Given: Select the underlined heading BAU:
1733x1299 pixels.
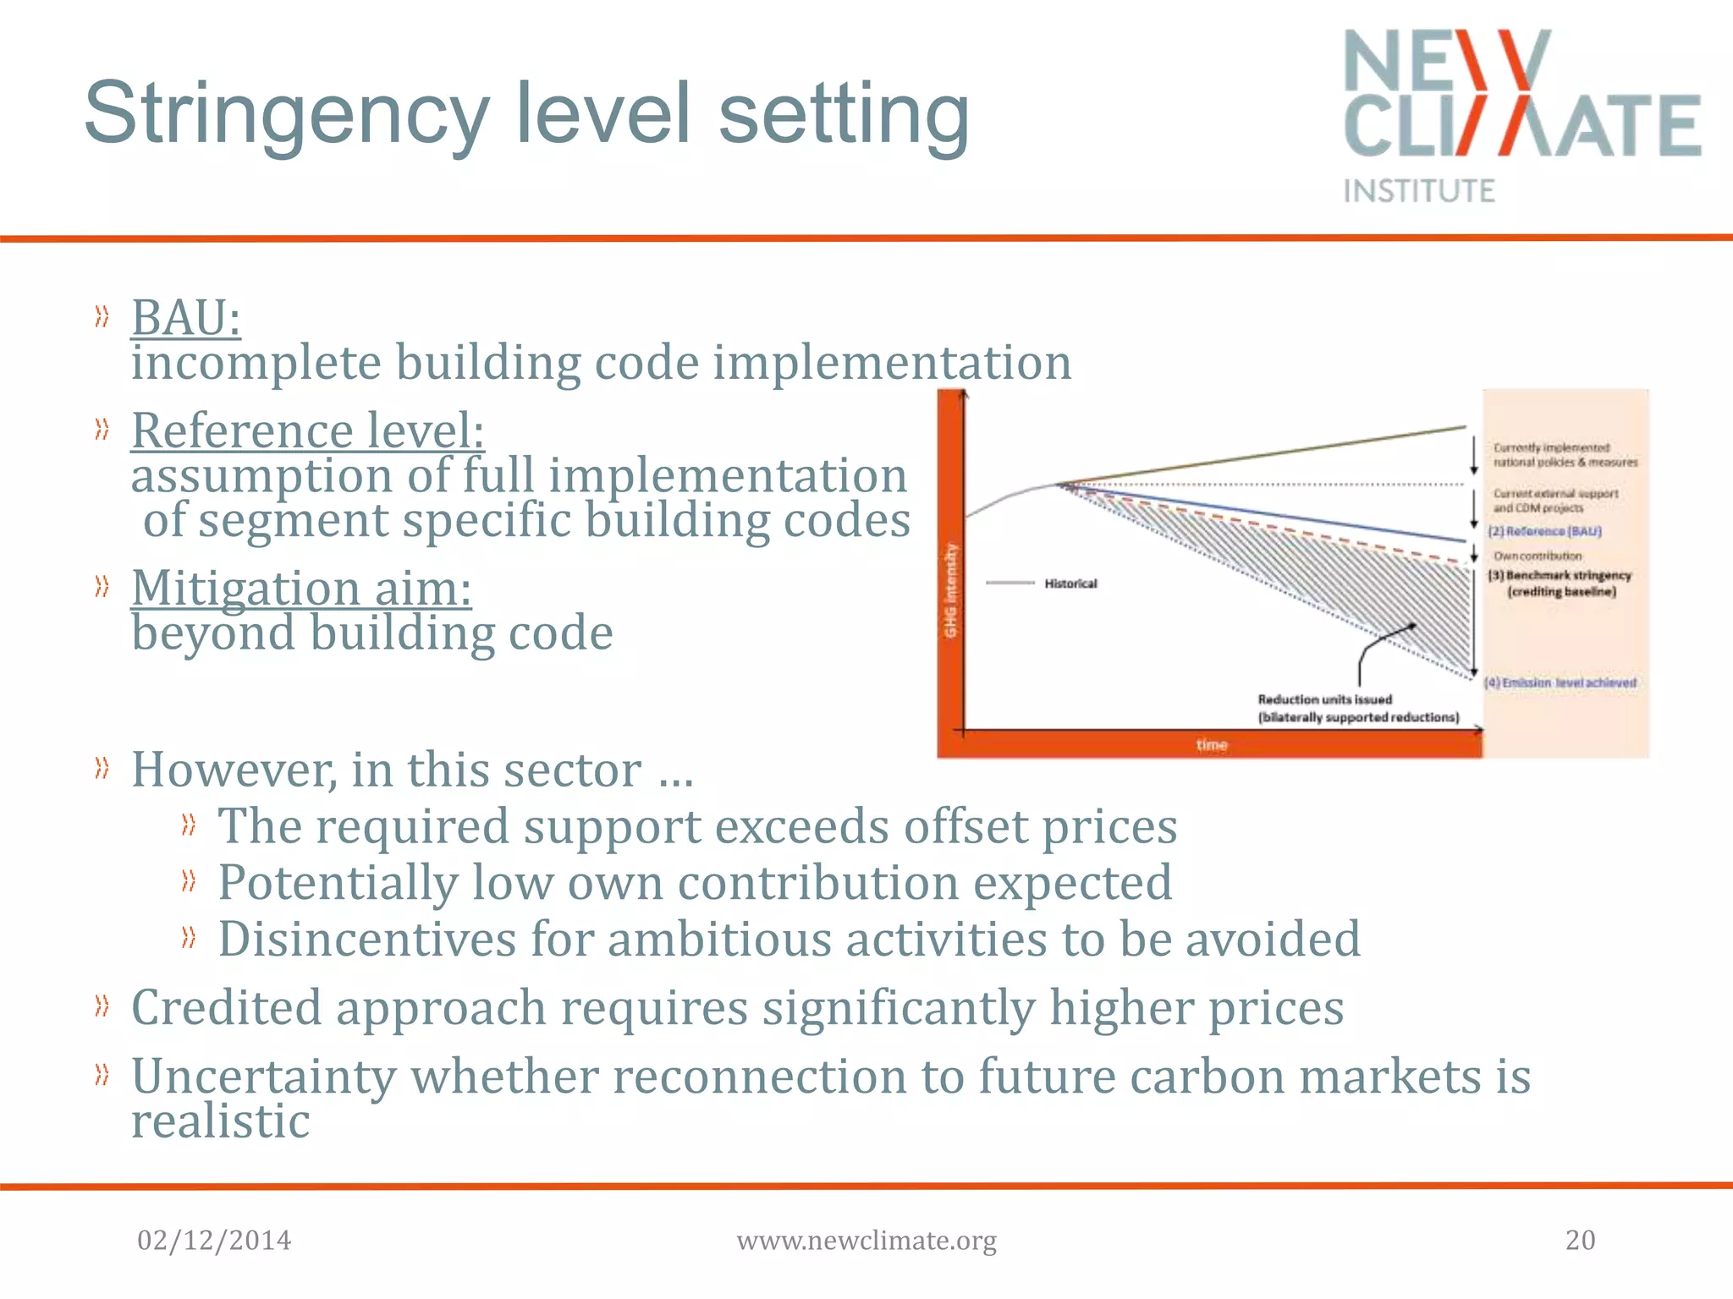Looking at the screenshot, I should pyautogui.click(x=186, y=319).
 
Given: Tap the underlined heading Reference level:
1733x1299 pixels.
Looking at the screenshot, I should pyautogui.click(x=308, y=430).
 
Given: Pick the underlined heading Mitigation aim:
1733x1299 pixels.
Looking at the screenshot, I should pyautogui.click(x=301, y=588).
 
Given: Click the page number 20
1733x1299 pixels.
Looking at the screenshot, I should pyautogui.click(x=1580, y=1240).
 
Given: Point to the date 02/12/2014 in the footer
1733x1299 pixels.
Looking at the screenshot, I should pyautogui.click(x=214, y=1240).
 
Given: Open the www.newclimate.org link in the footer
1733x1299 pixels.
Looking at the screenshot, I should pyautogui.click(x=866, y=1241).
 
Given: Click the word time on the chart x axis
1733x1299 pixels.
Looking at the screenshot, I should pyautogui.click(x=1212, y=744).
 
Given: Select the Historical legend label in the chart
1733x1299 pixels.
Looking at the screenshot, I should pyautogui.click(x=1070, y=584).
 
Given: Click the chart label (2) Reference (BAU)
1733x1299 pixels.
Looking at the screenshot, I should pyautogui.click(x=1545, y=531).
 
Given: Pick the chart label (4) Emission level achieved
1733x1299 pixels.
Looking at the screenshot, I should pyautogui.click(x=1560, y=682).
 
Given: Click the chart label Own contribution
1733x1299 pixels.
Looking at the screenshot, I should pyautogui.click(x=1538, y=556).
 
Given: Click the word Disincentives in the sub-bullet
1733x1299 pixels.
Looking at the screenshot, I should pyautogui.click(x=366, y=940).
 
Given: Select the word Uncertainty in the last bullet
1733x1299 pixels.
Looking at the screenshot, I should pyautogui.click(x=263, y=1077).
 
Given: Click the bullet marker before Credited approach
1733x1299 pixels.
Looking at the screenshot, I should pyautogui.click(x=102, y=1006).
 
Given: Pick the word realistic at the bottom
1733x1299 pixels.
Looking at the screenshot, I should pyautogui.click(x=221, y=1122).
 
